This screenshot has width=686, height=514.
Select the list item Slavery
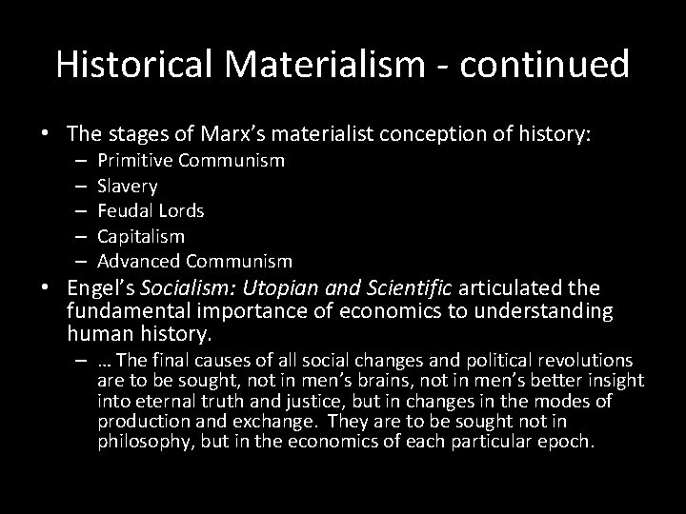(x=128, y=186)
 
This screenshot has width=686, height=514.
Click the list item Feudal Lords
(x=151, y=210)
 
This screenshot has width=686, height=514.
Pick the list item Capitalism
(x=141, y=235)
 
